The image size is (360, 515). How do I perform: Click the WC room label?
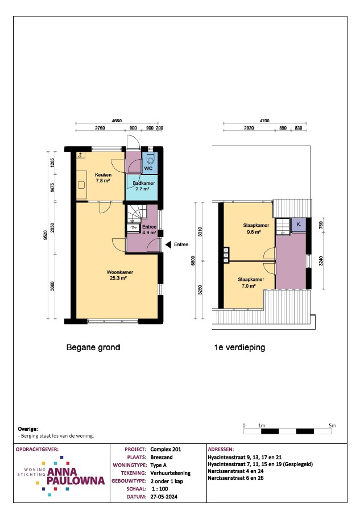pyautogui.click(x=148, y=168)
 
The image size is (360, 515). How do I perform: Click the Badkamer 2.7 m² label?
pyautogui.click(x=143, y=186)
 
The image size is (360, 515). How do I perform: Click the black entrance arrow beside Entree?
pyautogui.click(x=168, y=244)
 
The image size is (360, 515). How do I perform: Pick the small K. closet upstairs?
pyautogui.click(x=299, y=225)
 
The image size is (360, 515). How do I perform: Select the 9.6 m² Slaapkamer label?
pyautogui.click(x=256, y=229)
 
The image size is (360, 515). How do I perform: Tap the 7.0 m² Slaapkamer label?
pyautogui.click(x=251, y=283)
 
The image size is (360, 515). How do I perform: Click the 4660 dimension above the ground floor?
pyautogui.click(x=117, y=121)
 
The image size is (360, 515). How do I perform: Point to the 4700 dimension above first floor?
pyautogui.click(x=264, y=121)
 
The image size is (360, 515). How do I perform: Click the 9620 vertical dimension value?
pyautogui.click(x=45, y=235)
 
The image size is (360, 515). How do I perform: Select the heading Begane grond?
pyautogui.click(x=93, y=347)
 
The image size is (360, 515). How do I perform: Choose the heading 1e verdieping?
pyautogui.click(x=239, y=347)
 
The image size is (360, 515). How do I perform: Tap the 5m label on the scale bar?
pyautogui.click(x=332, y=425)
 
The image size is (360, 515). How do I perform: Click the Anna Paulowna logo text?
pyautogui.click(x=76, y=476)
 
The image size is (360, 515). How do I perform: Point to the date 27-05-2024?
pyautogui.click(x=164, y=497)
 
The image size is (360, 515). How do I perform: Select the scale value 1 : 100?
pyautogui.click(x=160, y=489)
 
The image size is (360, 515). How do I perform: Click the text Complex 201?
pyautogui.click(x=165, y=449)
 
